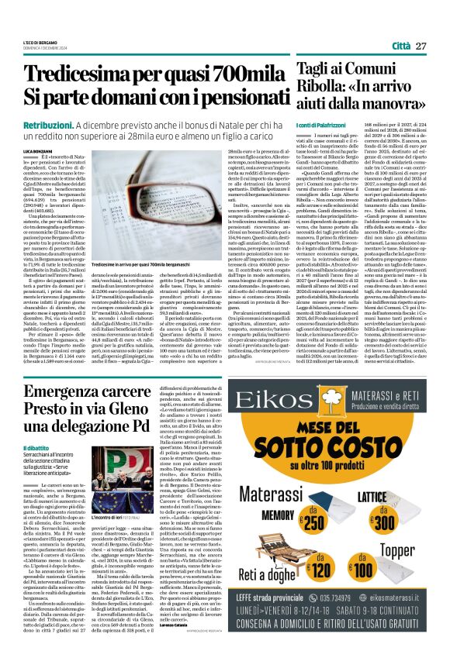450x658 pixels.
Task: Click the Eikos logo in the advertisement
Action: click(284, 401)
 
